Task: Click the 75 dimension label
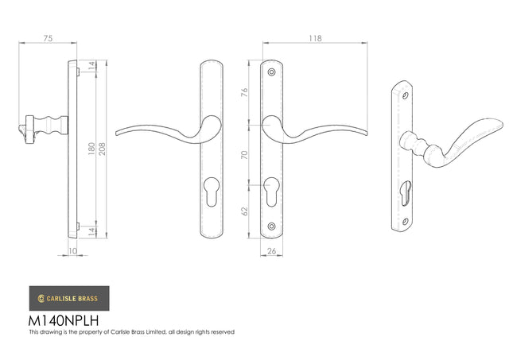click(48, 38)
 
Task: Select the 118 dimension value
click(315, 38)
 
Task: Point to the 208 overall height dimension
click(103, 149)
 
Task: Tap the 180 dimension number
click(92, 149)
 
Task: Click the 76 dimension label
click(244, 92)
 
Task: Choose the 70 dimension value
click(244, 155)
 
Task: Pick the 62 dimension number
click(244, 211)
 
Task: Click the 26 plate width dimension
click(271, 251)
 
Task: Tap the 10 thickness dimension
click(72, 251)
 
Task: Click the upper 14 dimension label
click(92, 66)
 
